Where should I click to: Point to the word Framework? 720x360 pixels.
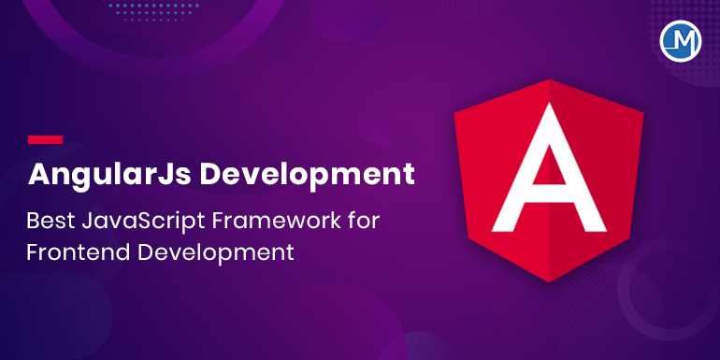(x=280, y=221)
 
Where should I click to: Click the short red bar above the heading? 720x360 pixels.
(x=45, y=139)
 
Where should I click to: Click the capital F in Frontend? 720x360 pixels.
(x=35, y=252)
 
